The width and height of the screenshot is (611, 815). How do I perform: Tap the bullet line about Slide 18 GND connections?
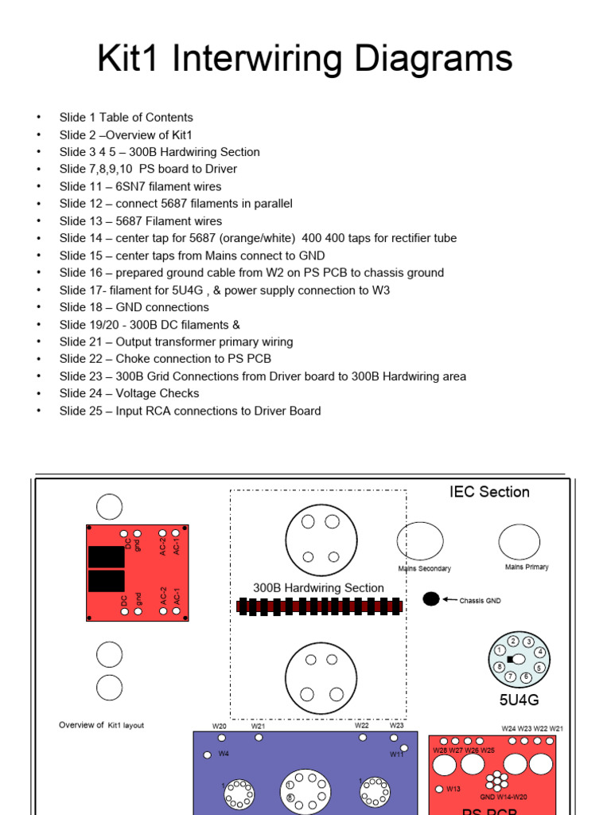(x=134, y=307)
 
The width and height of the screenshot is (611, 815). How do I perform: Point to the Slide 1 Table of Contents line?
(x=126, y=117)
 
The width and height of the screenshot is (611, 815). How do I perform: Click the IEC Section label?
(x=488, y=492)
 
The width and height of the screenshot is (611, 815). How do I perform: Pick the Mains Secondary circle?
(x=420, y=541)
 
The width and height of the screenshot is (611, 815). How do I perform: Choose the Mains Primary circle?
(x=519, y=542)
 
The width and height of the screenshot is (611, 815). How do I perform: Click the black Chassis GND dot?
(x=430, y=599)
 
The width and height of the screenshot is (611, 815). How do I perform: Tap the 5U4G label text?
(x=519, y=700)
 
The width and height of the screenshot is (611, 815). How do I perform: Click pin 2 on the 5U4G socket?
(x=513, y=641)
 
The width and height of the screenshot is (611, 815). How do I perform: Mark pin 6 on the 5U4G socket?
(x=527, y=677)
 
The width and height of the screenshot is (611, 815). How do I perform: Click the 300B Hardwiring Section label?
(x=318, y=588)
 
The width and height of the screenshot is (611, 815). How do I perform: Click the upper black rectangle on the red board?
(x=106, y=556)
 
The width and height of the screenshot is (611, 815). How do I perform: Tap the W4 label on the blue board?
(x=224, y=754)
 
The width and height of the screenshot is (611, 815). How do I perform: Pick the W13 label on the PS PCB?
(x=453, y=789)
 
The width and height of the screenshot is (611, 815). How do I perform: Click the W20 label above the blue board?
(x=219, y=726)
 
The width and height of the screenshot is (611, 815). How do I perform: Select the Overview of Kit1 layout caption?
(x=102, y=725)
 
